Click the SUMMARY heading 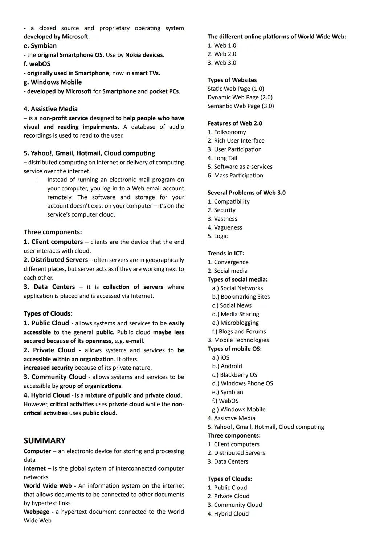pos(45,440)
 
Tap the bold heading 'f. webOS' pos(37,64)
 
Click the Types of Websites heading pos(232,80)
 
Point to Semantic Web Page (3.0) pos(241,106)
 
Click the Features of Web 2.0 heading pos(234,123)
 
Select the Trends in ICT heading pos(225,253)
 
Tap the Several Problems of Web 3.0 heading pos(246,193)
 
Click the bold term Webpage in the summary pos(36,512)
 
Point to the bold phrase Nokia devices pos(144,55)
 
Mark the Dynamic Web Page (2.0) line pos(240,97)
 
